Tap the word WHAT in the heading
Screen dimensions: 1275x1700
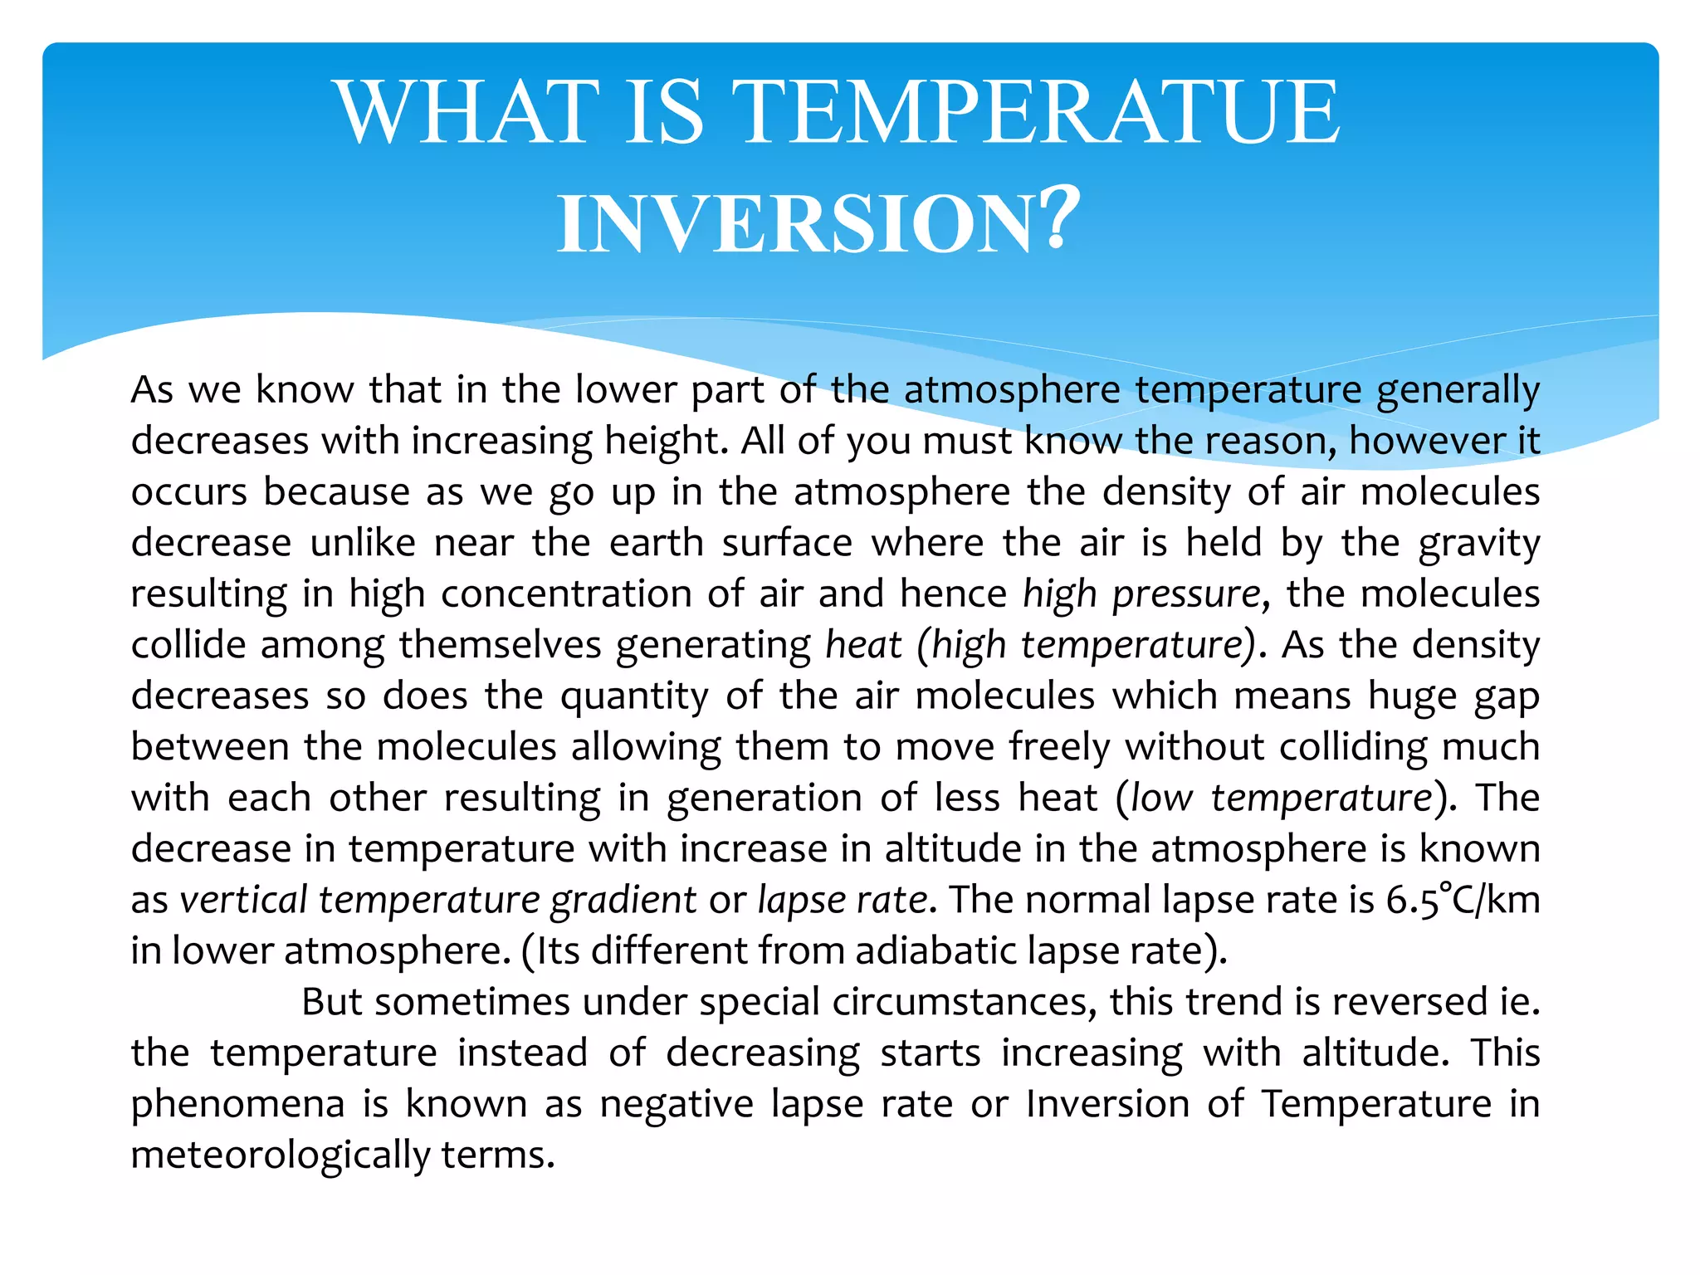467,112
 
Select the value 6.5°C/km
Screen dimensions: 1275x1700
1463,900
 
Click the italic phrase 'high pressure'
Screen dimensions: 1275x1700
1141,594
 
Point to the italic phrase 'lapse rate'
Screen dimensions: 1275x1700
842,900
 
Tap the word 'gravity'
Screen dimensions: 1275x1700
1479,543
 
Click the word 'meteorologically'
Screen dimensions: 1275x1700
280,1155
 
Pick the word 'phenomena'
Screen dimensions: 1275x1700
237,1104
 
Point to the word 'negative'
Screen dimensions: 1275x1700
677,1104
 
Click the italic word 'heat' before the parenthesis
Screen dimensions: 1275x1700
863,645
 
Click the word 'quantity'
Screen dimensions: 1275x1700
634,696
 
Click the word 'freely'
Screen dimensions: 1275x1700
1059,747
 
